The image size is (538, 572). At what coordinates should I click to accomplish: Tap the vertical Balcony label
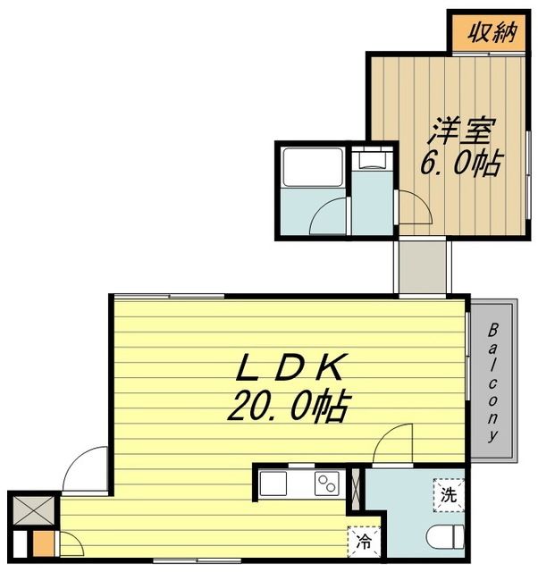(x=492, y=382)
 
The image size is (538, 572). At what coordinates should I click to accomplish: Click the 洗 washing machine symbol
(x=448, y=493)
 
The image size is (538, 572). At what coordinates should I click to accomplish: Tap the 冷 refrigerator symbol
(x=365, y=539)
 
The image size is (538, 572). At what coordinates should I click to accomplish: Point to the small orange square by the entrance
(x=40, y=542)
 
